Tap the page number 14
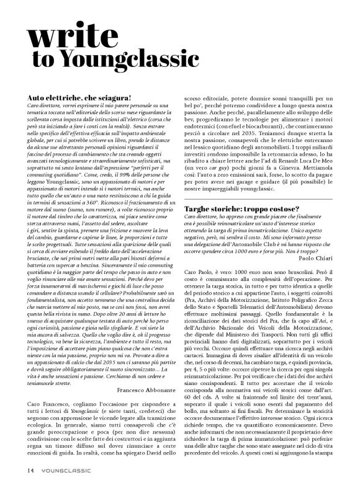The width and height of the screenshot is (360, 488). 30,469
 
